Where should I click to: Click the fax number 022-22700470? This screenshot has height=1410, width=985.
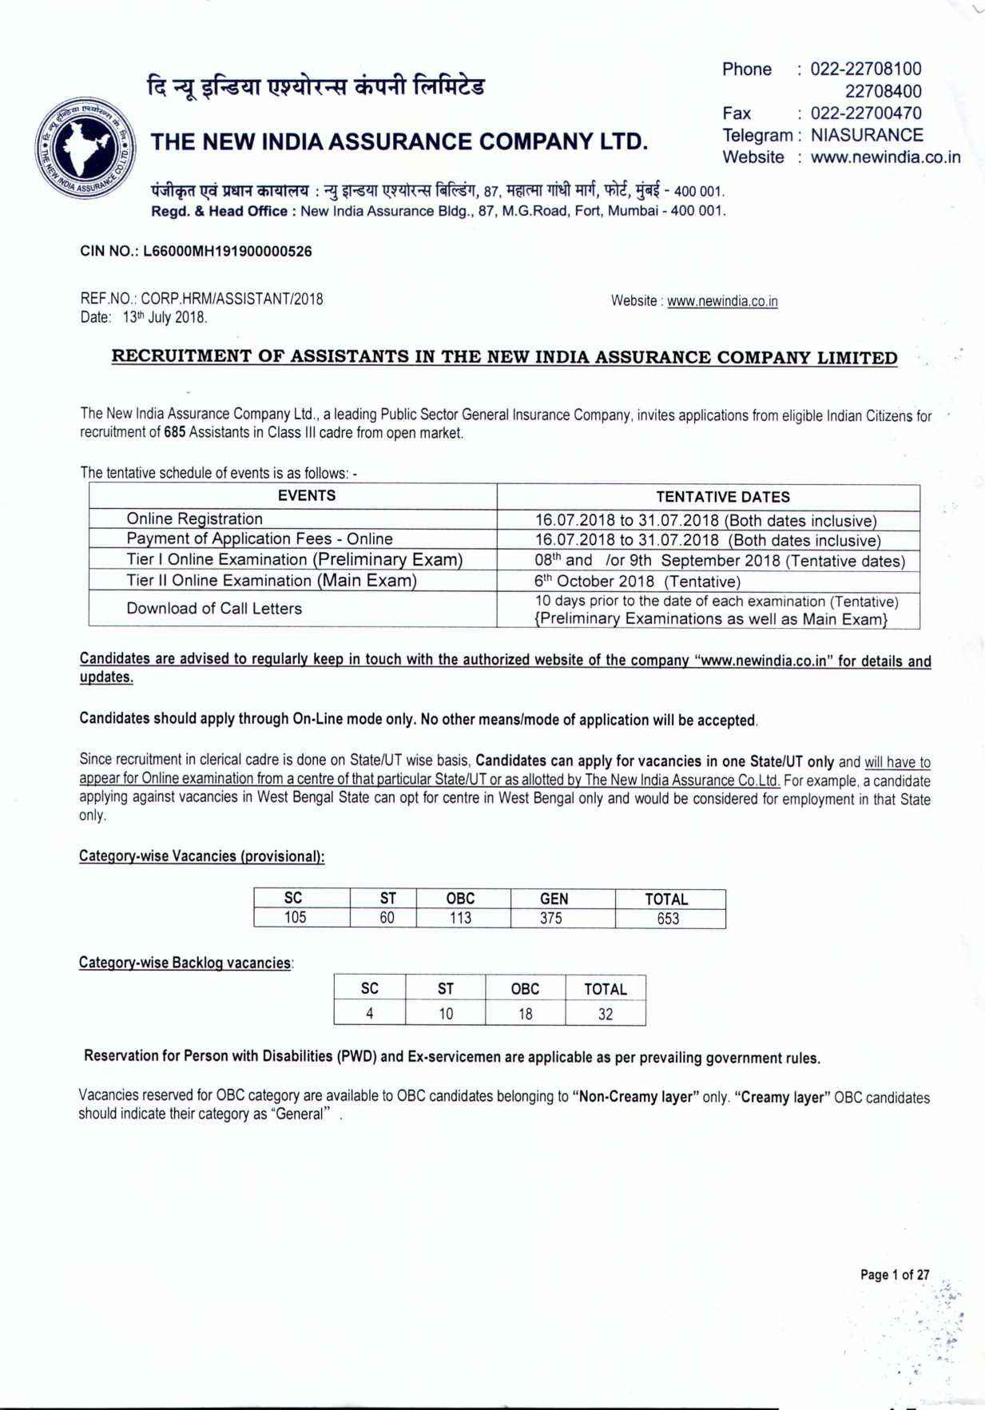[865, 113]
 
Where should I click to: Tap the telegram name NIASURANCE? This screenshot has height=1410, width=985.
[866, 135]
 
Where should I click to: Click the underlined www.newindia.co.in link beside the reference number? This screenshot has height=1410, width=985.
[722, 301]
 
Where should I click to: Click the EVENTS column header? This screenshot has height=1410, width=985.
[306, 495]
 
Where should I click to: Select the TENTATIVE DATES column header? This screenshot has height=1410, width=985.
[722, 496]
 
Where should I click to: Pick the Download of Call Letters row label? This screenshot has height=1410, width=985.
[214, 609]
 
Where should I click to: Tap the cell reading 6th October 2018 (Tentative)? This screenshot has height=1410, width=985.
[637, 581]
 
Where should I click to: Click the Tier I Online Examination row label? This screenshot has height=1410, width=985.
[294, 559]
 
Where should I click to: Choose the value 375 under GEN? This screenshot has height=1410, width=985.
[550, 919]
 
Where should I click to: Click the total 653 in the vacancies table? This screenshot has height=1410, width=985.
[668, 919]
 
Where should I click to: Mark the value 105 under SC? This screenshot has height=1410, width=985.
[296, 918]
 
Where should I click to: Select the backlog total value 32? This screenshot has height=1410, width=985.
[606, 1014]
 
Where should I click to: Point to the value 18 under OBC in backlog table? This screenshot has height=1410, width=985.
[525, 1014]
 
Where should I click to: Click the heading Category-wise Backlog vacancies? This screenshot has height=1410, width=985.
[185, 963]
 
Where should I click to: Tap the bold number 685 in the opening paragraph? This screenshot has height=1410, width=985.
[175, 433]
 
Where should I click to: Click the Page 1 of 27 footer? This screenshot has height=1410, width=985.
[894, 1274]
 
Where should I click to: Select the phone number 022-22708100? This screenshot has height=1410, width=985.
[865, 69]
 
